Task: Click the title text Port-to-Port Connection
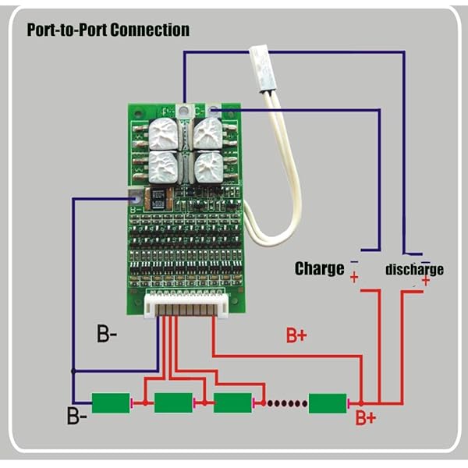click(x=108, y=30)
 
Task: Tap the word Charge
click(x=319, y=269)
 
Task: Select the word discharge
click(x=414, y=270)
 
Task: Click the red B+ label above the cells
click(x=296, y=336)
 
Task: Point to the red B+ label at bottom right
click(x=366, y=418)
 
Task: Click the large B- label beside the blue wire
click(x=108, y=336)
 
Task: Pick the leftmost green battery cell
click(x=110, y=402)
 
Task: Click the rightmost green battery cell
click(x=328, y=403)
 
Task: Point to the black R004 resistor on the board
click(x=159, y=197)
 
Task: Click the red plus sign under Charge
click(x=354, y=278)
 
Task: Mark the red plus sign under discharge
click(x=425, y=280)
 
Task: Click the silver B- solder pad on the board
click(x=134, y=200)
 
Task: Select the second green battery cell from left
click(x=173, y=402)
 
